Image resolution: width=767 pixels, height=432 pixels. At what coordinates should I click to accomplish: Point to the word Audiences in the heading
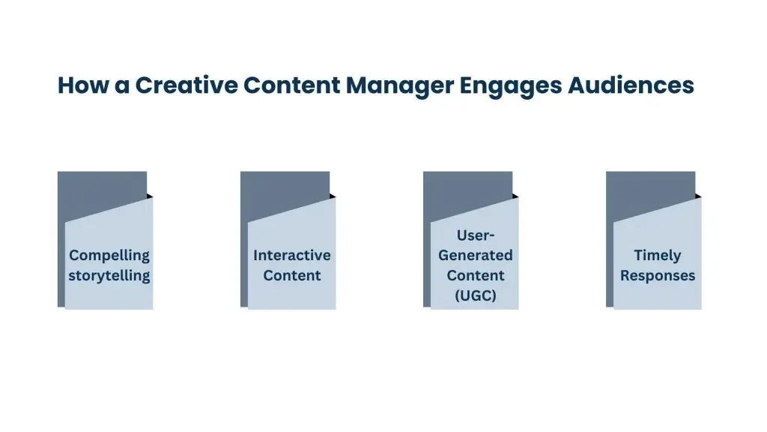[631, 85]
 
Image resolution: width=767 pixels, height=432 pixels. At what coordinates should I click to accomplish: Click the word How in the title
[79, 85]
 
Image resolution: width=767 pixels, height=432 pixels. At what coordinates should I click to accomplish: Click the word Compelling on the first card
[109, 256]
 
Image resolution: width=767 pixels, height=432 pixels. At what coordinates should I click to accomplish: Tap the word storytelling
[109, 276]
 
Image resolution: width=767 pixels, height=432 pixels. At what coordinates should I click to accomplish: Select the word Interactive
[292, 256]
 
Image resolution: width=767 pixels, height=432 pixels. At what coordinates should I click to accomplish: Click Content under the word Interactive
[292, 275]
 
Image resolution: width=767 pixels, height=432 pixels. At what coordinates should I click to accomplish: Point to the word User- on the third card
[475, 236]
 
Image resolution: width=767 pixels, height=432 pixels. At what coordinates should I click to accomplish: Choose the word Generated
[475, 256]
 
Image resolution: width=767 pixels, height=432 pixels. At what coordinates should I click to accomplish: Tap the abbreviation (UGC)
[475, 295]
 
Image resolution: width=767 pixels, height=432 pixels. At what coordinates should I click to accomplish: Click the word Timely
[658, 256]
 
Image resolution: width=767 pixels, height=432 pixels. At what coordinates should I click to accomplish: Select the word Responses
[658, 275]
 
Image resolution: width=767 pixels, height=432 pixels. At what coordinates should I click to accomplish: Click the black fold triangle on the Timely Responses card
[697, 196]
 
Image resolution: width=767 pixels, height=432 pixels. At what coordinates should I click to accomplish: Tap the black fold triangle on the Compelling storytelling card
[149, 196]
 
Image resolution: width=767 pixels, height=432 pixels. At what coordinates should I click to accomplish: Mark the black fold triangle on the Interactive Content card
[332, 196]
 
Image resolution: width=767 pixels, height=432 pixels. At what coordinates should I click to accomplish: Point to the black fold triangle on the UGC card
[515, 196]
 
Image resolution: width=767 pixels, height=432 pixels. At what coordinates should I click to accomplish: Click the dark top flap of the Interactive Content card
[285, 187]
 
